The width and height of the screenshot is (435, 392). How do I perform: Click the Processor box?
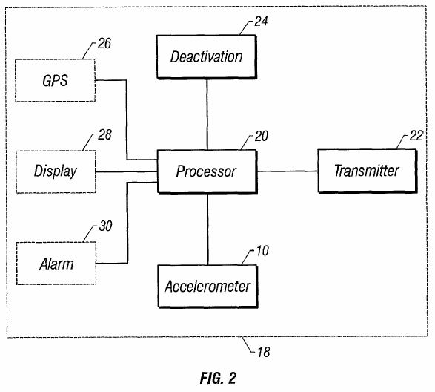207,171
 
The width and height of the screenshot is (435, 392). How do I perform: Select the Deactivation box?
207,56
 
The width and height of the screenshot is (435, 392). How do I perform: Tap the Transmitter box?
368,171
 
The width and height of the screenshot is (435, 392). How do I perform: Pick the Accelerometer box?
207,287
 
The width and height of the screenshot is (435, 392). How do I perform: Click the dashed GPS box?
56,80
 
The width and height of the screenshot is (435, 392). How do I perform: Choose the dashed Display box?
56,171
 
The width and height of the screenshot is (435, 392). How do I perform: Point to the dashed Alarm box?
56,264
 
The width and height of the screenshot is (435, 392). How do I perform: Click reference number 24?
261,22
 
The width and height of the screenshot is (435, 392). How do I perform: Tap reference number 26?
104,44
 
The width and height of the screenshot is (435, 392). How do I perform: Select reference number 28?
104,135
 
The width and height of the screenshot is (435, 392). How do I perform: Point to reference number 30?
105,226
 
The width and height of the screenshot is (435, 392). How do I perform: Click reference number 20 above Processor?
262,136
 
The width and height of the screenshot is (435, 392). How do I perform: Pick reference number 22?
416,136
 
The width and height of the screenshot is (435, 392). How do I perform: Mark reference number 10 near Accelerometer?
262,251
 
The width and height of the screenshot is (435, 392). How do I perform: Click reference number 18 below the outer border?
264,352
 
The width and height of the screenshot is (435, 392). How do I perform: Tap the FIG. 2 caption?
218,378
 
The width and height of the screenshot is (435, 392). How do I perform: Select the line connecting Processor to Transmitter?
288,171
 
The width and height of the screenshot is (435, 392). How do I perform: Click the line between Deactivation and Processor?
207,114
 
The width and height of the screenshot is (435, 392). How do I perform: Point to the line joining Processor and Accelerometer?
207,229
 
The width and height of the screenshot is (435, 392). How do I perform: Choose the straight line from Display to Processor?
127,172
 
